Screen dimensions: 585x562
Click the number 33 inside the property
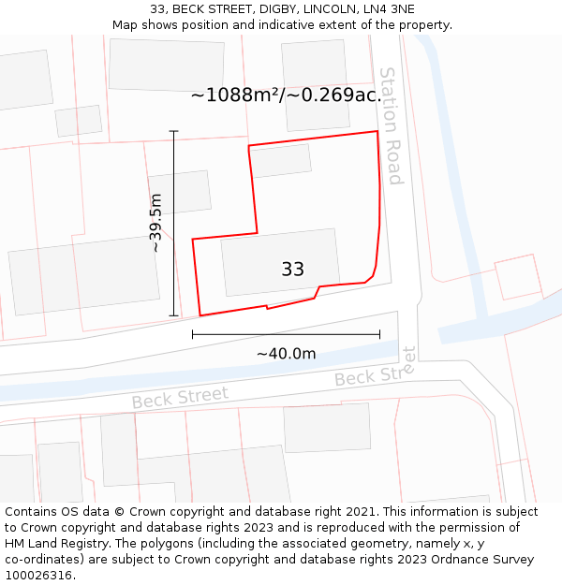(292, 270)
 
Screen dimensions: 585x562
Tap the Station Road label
(391, 125)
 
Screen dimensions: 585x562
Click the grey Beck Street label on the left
(180, 398)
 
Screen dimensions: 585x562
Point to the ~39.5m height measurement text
(156, 223)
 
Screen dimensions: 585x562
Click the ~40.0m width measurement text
(286, 354)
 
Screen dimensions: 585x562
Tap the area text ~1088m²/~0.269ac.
(285, 95)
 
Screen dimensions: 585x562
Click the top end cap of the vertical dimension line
(174, 131)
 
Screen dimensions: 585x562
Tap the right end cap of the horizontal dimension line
(379, 333)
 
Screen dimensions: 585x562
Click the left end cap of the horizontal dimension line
(193, 333)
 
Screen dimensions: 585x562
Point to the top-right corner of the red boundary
(377, 131)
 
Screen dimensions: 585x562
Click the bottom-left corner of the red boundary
(200, 315)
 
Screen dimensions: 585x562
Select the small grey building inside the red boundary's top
(280, 160)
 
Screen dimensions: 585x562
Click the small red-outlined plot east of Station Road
(518, 276)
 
